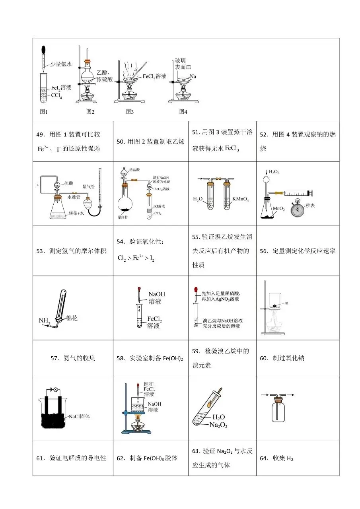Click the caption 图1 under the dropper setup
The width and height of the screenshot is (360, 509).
click(x=44, y=112)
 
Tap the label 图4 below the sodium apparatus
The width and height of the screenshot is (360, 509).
click(x=183, y=112)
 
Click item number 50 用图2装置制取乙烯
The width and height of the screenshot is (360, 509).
click(x=150, y=141)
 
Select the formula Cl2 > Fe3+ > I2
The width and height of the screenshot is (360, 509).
click(x=136, y=258)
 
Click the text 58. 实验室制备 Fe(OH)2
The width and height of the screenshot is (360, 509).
click(x=150, y=358)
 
